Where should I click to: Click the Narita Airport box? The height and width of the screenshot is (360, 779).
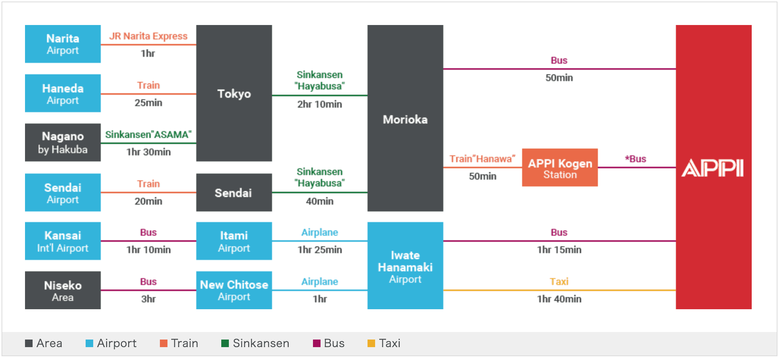[63, 44]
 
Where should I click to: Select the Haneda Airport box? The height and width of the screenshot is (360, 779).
[63, 93]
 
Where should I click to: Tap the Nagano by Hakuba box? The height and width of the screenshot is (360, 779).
[63, 142]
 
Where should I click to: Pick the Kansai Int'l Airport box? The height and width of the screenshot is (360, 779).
[63, 241]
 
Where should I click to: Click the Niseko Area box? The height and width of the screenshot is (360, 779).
[63, 290]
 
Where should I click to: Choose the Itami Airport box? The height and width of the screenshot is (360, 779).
[234, 241]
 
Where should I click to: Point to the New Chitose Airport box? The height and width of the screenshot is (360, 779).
[234, 290]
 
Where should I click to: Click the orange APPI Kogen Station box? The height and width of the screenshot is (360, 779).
[560, 167]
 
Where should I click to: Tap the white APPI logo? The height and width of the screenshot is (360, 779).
[713, 168]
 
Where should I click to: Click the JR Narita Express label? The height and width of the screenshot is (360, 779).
[148, 36]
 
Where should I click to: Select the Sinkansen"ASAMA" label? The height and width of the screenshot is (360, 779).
[148, 135]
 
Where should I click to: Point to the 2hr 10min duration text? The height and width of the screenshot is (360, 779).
[319, 104]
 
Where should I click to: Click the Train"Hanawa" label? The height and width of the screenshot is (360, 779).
[482, 159]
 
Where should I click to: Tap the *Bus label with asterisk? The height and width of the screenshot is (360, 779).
[635, 159]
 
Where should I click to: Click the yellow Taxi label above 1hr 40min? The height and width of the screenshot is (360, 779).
[559, 282]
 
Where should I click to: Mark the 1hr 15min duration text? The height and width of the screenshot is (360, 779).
[559, 250]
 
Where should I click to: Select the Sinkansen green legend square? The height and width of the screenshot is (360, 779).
[225, 343]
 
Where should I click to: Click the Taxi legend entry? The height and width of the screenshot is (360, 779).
[384, 343]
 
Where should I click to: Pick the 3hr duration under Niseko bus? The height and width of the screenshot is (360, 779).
[148, 299]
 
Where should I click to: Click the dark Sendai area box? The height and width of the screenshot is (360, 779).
[234, 193]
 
